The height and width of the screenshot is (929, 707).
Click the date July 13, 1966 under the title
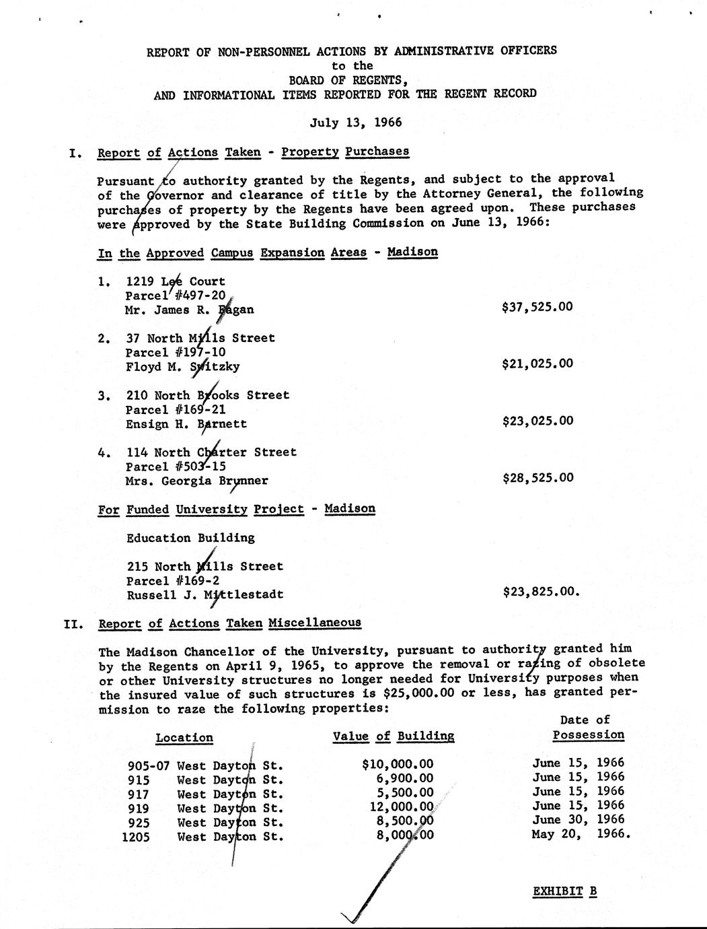click(x=355, y=123)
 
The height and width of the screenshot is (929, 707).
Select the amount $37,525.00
click(x=537, y=307)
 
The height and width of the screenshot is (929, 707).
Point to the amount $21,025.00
click(x=537, y=364)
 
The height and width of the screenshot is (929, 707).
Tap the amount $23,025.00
click(x=537, y=421)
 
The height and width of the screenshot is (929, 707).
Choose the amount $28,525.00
click(x=537, y=478)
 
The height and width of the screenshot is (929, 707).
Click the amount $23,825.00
click(x=540, y=592)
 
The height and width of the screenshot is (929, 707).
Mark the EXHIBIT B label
click(x=564, y=892)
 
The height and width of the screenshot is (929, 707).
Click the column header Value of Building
click(x=394, y=736)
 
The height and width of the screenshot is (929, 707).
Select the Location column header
click(x=184, y=738)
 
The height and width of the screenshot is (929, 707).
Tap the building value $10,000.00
click(x=398, y=764)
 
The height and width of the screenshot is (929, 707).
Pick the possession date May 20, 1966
click(x=581, y=834)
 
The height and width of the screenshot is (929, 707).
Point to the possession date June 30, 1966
click(x=578, y=820)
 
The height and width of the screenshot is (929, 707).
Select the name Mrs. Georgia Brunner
click(x=196, y=481)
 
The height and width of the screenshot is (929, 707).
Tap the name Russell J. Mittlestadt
click(x=204, y=595)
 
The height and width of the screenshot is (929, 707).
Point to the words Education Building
click(x=190, y=538)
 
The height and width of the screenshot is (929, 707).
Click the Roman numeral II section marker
click(x=73, y=624)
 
